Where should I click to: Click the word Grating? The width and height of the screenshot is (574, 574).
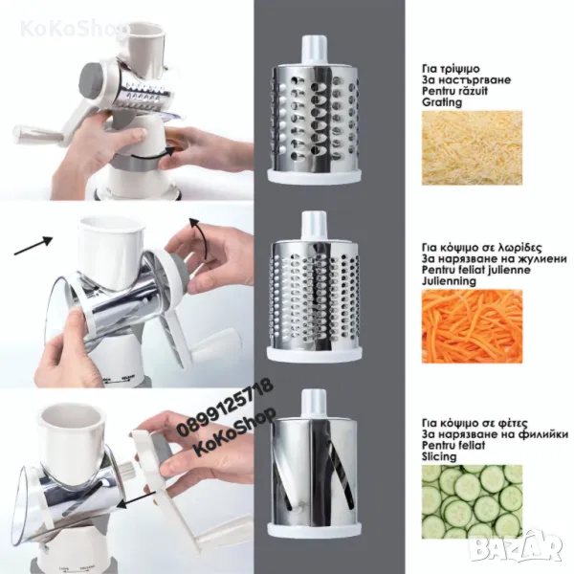pos(442,102)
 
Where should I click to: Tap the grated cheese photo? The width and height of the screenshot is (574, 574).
pos(472,148)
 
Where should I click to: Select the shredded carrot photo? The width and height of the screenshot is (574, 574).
pos(472,326)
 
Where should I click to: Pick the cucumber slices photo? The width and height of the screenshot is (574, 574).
pos(472,501)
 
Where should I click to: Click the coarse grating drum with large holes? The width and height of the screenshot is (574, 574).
pos(315,110)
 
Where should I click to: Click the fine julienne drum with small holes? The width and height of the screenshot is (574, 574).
pos(315,287)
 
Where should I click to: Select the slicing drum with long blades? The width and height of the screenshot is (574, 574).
pos(315,464)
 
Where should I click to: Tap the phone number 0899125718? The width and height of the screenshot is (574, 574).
pos(225,408)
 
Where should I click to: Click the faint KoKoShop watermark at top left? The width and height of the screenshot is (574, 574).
pos(74,29)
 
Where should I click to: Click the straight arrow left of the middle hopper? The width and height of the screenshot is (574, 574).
pos(33,245)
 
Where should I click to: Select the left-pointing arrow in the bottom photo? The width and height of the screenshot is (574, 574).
pos(136,500)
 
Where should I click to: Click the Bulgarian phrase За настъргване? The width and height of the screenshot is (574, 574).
pos(466,79)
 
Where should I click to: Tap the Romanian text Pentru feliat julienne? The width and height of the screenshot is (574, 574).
pos(475,270)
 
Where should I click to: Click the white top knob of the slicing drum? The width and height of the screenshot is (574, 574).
pos(314,402)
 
